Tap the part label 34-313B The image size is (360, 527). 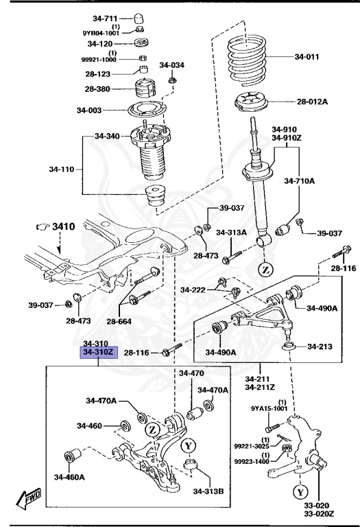(209, 491)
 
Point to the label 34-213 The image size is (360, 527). (320, 346)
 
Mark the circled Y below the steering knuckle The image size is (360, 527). (300, 492)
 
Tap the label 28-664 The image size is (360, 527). (120, 320)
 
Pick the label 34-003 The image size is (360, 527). (90, 110)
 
